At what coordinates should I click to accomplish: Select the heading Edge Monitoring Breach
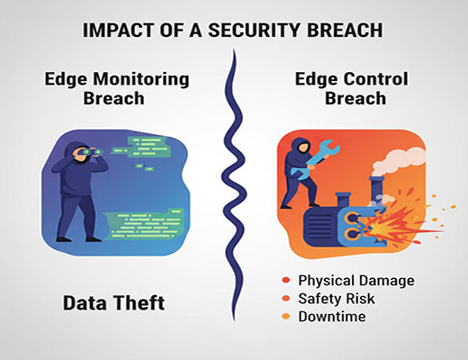[x=117, y=88]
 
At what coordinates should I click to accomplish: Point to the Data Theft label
[x=113, y=303]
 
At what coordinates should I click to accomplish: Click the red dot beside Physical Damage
[x=285, y=280]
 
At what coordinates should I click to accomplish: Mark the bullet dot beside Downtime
[x=285, y=316]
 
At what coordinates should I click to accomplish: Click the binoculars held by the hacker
[x=95, y=155]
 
